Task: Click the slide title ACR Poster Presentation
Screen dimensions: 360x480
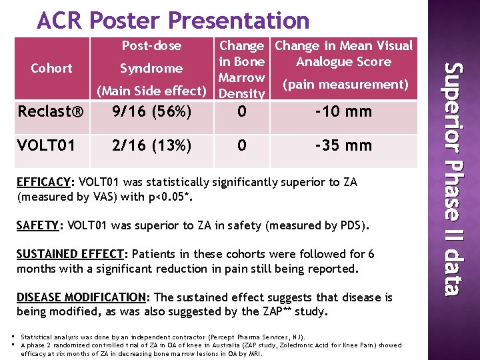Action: tap(173, 21)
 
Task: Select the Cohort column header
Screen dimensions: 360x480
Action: tap(51, 68)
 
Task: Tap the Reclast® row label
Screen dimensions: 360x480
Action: tap(51, 112)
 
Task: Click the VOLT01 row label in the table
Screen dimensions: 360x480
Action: tap(44, 145)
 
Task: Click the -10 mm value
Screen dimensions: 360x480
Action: tap(343, 111)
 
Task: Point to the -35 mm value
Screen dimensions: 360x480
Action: tap(343, 145)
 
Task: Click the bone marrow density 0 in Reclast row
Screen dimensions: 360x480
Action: tap(241, 111)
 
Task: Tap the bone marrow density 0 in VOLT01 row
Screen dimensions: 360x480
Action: tap(241, 145)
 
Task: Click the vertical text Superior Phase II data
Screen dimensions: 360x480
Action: tap(453, 178)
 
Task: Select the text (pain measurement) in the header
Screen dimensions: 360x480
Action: tap(344, 85)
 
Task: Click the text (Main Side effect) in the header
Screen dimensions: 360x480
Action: tap(151, 91)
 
